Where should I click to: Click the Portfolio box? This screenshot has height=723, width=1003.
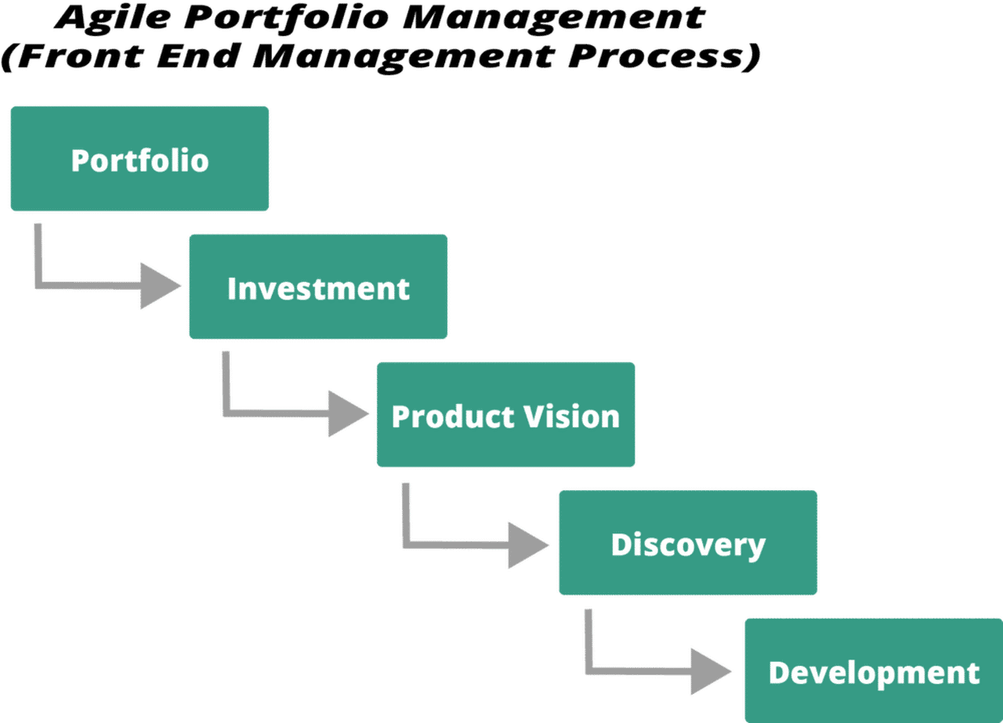pos(139,159)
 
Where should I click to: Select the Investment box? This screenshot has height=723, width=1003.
pos(317,287)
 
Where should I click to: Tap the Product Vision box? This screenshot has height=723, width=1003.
pos(505,415)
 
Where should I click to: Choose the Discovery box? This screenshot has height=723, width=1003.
pos(687,544)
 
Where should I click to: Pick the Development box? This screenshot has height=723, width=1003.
pos(873,672)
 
